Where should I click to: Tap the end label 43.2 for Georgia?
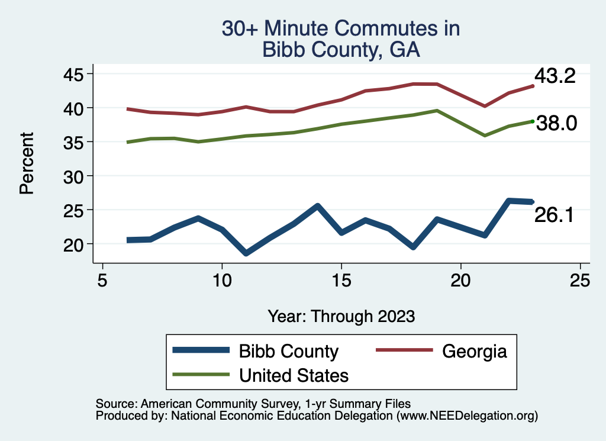[555, 76]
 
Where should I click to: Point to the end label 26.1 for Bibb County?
[554, 215]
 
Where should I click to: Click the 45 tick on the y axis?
[74, 74]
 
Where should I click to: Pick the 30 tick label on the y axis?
[74, 176]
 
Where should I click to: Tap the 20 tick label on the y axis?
[74, 244]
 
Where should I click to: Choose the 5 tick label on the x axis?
[103, 281]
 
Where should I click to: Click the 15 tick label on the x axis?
[341, 281]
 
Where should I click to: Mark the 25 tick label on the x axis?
[580, 281]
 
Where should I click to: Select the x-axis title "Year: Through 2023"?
[341, 316]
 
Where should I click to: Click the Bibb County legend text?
[288, 351]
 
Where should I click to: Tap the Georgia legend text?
[475, 351]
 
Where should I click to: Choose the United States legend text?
[294, 375]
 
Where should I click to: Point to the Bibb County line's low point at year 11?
[246, 253]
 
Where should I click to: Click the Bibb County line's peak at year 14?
[317, 206]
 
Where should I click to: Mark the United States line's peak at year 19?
[437, 111]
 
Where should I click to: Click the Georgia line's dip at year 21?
[485, 106]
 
